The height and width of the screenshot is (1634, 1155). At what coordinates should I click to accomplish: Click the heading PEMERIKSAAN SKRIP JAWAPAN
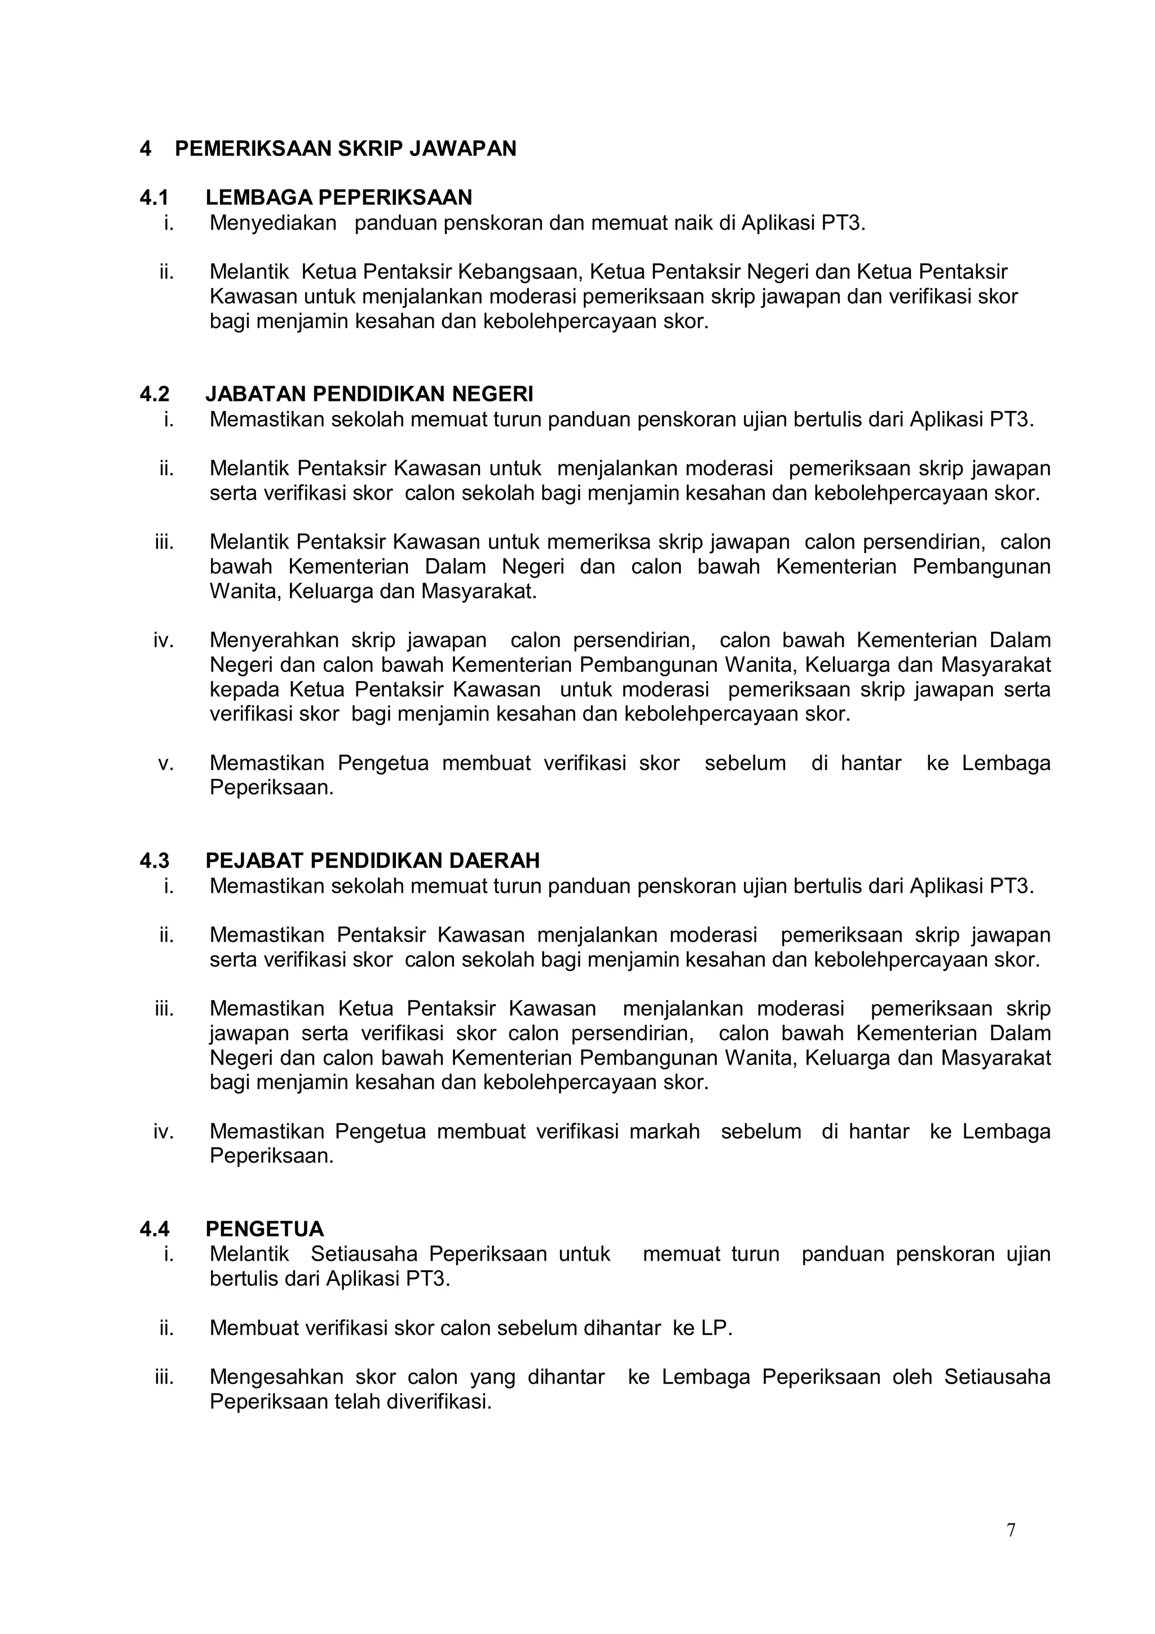345,149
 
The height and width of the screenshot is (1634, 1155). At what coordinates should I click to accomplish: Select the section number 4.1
154,197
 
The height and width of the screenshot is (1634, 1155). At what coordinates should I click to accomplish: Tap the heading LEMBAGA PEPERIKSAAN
339,197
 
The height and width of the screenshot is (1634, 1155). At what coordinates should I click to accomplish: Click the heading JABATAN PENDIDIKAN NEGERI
369,394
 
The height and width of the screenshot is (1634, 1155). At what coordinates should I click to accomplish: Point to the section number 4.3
154,860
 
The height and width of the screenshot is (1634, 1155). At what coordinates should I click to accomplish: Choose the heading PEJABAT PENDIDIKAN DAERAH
372,860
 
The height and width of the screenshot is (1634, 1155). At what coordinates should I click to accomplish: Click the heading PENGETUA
264,1229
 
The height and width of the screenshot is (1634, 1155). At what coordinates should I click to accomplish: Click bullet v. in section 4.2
166,763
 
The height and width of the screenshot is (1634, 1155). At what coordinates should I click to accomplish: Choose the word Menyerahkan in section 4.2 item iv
274,641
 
